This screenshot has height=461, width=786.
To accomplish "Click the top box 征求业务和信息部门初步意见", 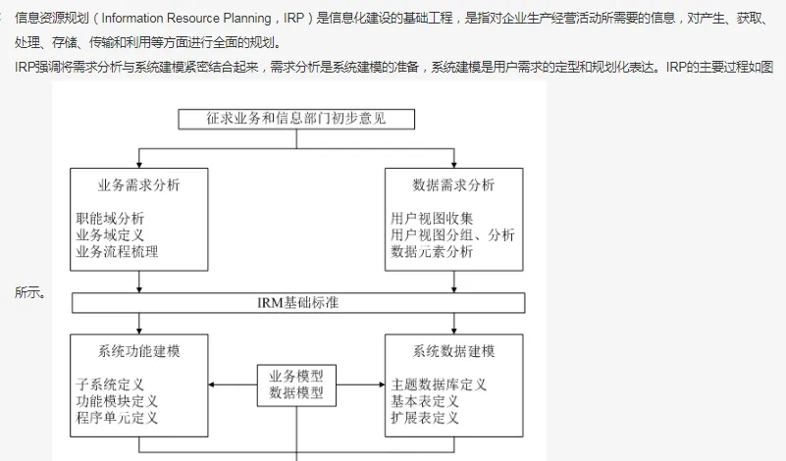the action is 296,120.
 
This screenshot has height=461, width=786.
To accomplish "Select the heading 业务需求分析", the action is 139,185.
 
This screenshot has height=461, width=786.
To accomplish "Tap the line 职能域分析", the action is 110,219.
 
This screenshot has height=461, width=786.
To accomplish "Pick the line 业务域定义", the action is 110,235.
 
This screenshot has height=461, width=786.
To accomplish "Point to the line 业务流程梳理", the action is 118,251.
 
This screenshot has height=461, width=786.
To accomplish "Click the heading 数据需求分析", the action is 453,185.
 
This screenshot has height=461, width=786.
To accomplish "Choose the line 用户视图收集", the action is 432,219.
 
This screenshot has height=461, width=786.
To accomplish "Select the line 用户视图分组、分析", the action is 452,235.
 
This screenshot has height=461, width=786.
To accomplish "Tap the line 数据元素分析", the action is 432,251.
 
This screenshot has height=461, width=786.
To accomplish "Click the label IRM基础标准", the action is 298,303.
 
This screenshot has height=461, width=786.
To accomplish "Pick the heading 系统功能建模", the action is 139,351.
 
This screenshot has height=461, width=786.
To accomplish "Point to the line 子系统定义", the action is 110,384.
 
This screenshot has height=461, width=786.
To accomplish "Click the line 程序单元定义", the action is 118,418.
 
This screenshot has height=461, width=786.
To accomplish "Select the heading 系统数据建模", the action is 453,351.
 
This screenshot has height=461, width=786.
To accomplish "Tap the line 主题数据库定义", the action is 439,384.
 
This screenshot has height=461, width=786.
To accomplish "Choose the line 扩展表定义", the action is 425,418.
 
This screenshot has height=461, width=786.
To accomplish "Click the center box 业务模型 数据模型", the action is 296,384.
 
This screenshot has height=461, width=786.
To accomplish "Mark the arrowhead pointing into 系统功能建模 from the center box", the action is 211,384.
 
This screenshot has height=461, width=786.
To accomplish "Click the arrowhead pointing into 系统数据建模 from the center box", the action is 382,384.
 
